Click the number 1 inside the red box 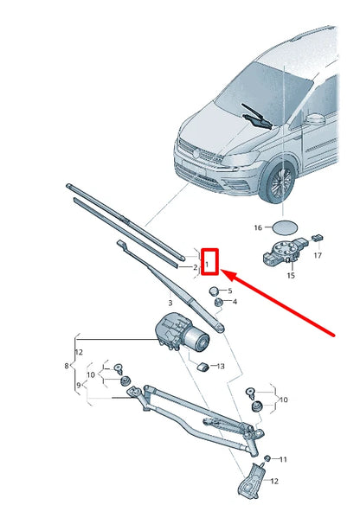coord(208,259)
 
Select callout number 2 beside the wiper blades coord(196,268)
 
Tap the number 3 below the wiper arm coord(170,303)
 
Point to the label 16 coord(256,228)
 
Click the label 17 coord(318,256)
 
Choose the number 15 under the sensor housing coord(290,276)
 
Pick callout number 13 coord(220,367)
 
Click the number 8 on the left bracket coord(78,385)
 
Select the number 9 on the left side coord(78,385)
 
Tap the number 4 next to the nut coord(234,302)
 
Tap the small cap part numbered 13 coord(205,366)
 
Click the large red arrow coord(286,304)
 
